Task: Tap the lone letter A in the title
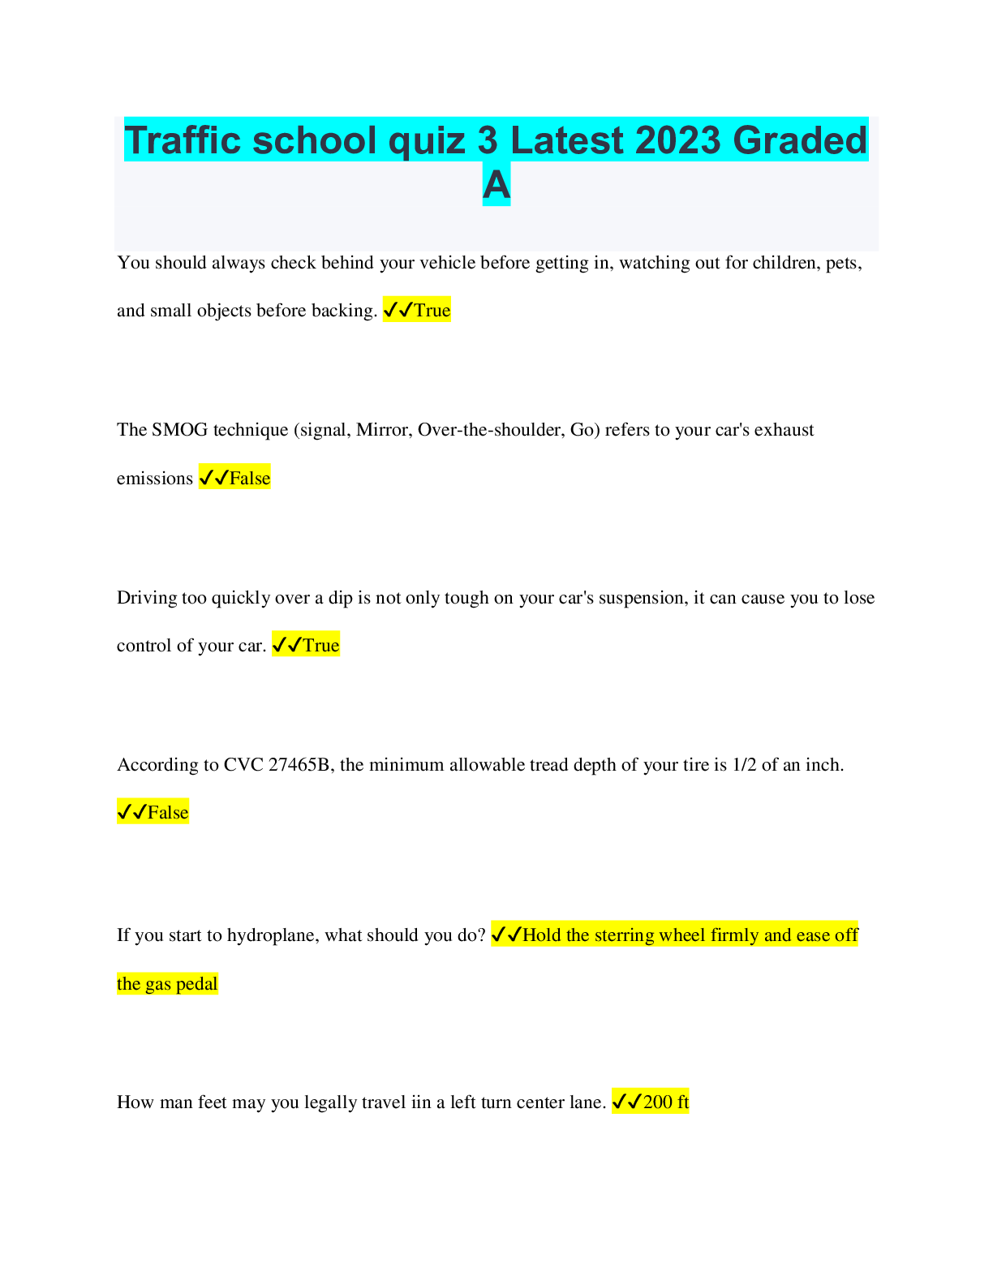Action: (496, 184)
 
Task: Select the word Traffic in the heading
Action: (183, 140)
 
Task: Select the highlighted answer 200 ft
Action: (666, 1102)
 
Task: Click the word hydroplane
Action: (273, 935)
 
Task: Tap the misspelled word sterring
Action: (626, 935)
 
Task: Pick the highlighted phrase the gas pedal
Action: (167, 983)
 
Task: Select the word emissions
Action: (155, 478)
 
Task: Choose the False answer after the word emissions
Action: (250, 478)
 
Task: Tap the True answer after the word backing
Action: (432, 310)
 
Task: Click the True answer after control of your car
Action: (321, 645)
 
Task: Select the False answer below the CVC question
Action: (168, 812)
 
